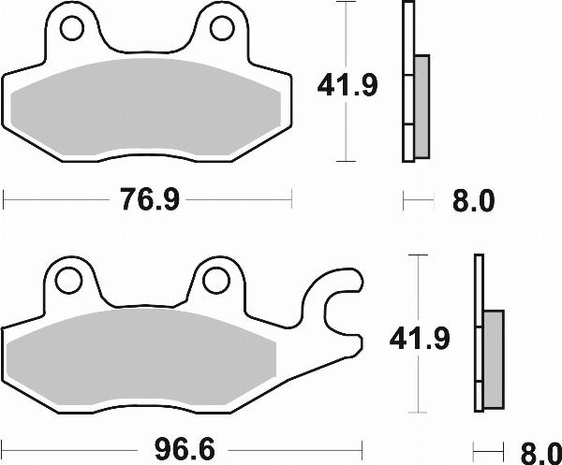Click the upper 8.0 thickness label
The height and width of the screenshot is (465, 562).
[x=471, y=199]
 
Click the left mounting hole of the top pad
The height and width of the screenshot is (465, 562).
[x=72, y=29]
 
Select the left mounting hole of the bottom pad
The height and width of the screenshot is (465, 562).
[x=67, y=280]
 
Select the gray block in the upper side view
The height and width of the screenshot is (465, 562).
[x=421, y=105]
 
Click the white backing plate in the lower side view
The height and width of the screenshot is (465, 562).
[x=479, y=332]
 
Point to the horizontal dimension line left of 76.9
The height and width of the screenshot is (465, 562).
[x=56, y=199]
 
